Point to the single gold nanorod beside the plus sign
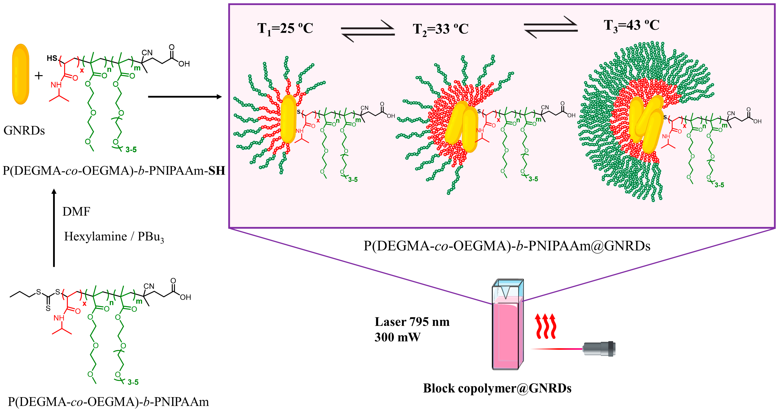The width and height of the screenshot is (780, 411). [x=21, y=74]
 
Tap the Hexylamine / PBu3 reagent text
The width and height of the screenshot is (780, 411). [x=114, y=237]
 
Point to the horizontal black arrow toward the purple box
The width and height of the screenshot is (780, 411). [x=185, y=97]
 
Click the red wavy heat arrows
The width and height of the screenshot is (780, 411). [x=546, y=326]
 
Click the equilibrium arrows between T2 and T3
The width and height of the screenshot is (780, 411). [x=551, y=27]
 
